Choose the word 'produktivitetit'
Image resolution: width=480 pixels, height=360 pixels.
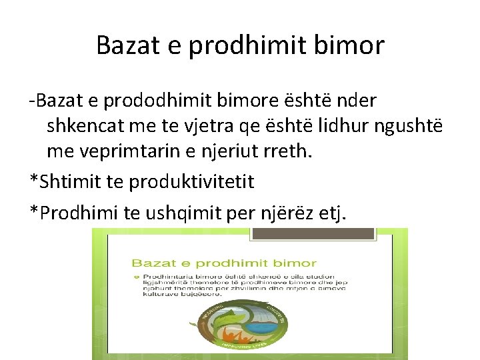pos(192,181)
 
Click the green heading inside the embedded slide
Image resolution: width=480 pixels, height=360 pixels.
pos(223,263)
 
